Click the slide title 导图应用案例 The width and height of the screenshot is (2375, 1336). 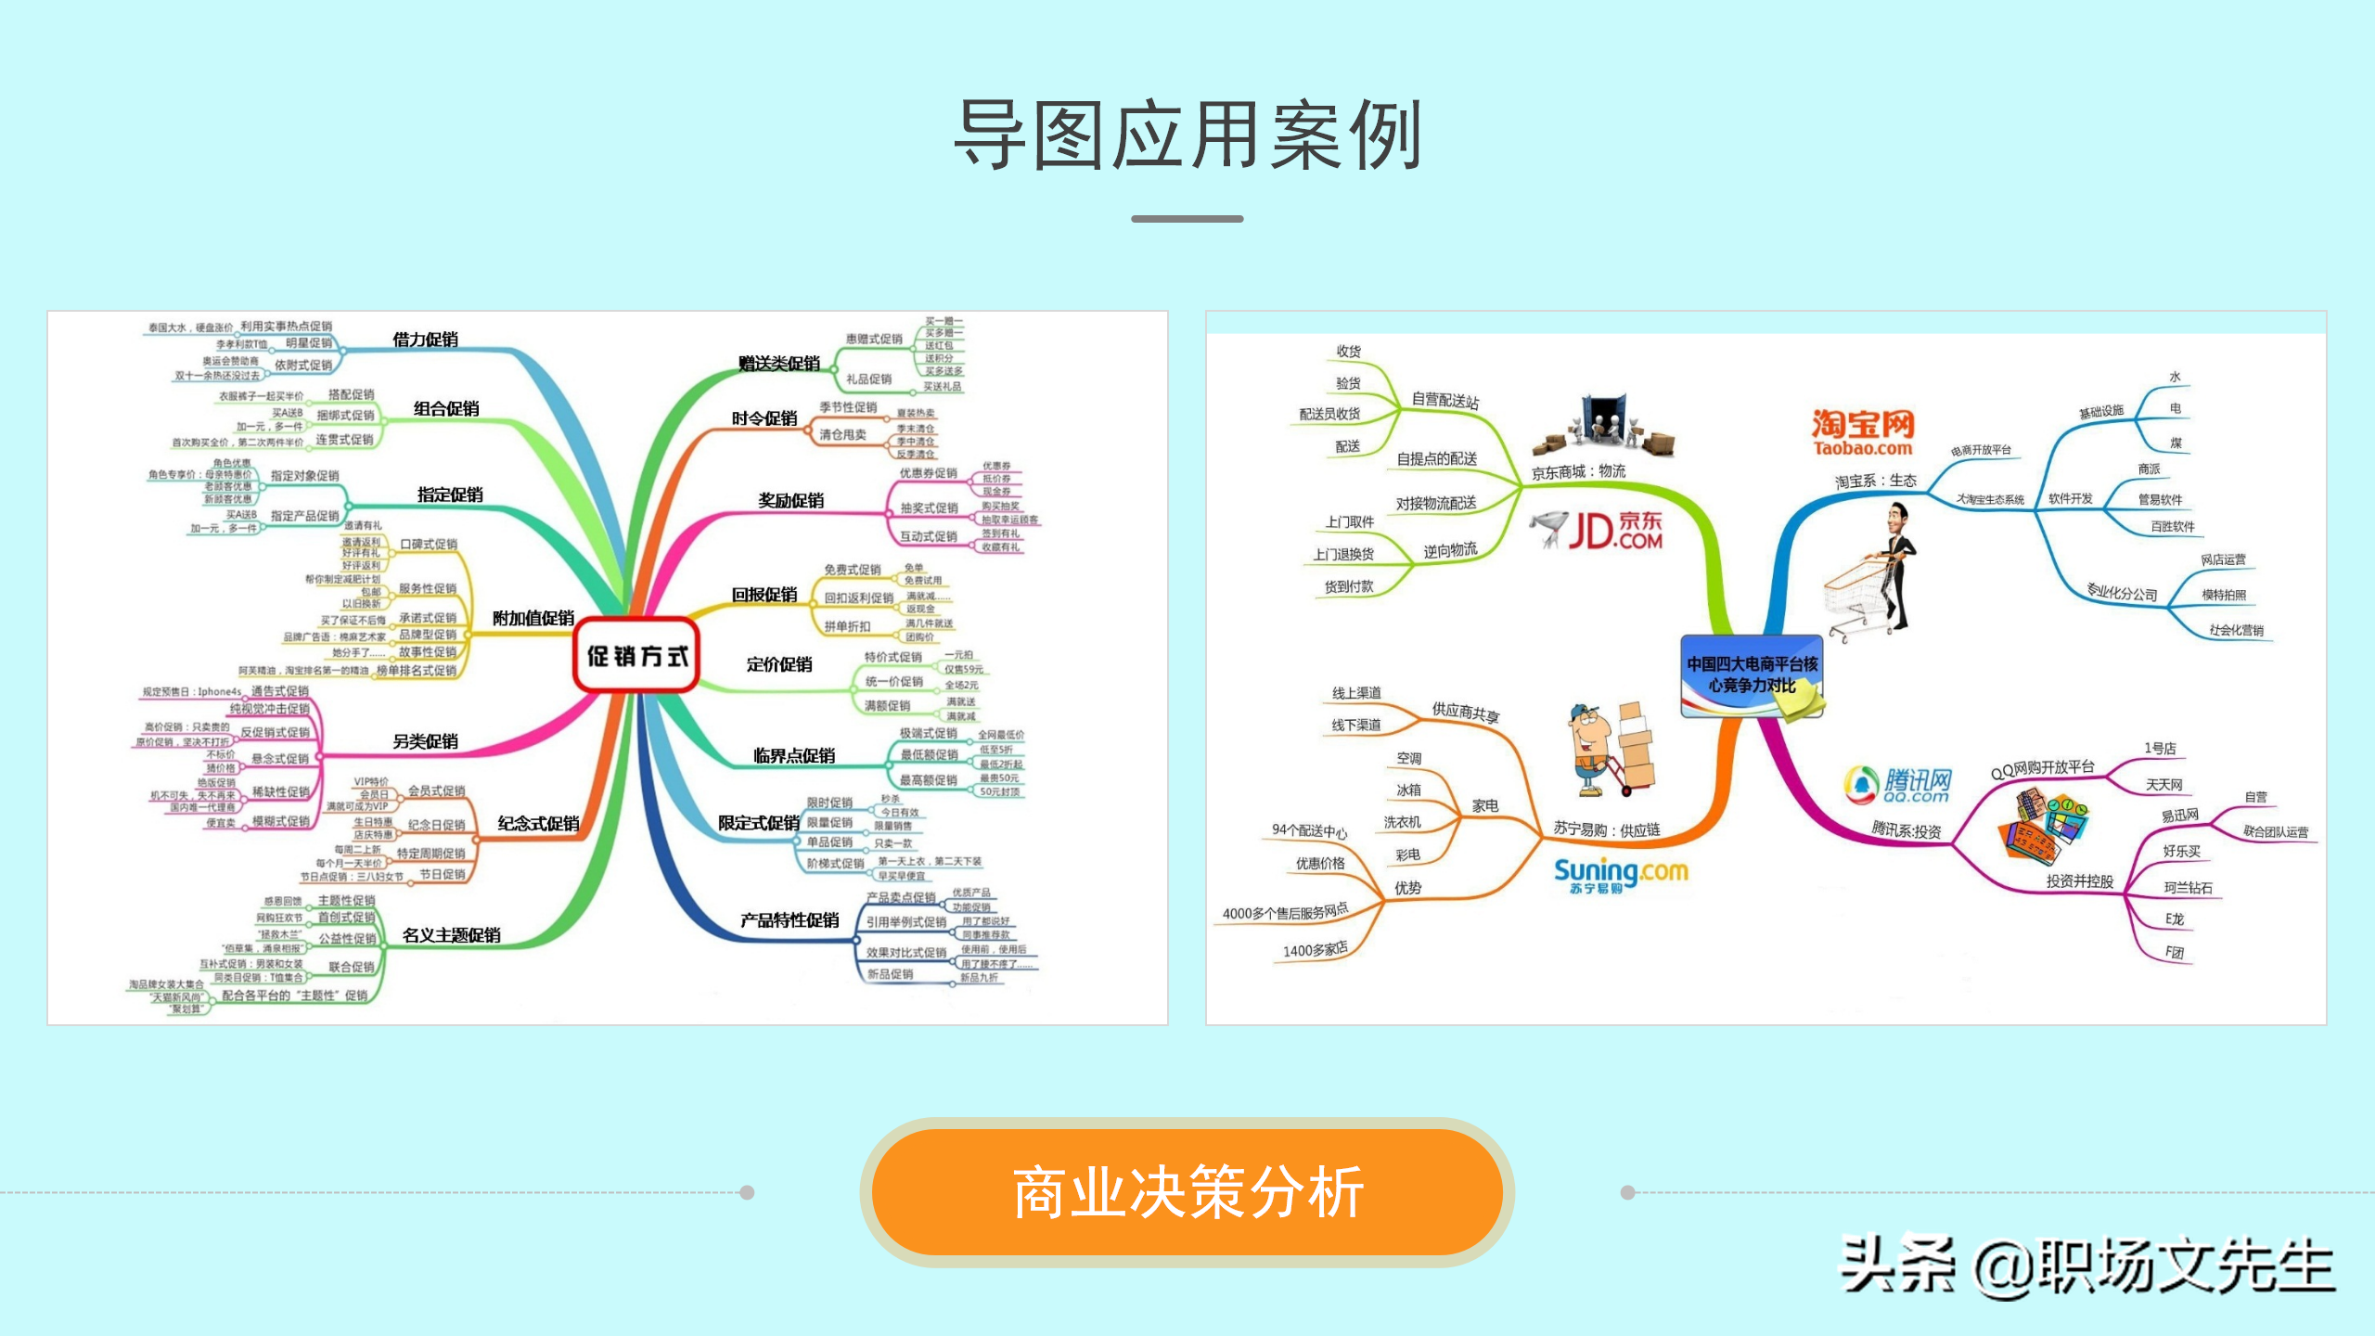coord(1187,135)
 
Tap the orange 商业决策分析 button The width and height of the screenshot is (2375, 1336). coord(1187,1192)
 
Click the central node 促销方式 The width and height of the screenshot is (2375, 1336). coord(636,656)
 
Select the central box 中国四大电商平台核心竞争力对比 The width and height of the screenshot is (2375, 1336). coord(1752,674)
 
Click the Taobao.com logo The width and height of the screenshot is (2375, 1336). coord(1863,432)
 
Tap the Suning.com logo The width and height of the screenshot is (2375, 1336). coord(1620,874)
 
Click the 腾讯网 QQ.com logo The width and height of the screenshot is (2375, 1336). coord(1900,785)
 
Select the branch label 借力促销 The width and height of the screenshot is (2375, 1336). coord(425,340)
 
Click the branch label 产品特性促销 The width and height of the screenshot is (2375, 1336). coord(790,920)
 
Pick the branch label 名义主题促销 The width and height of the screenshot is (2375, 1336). coord(452,935)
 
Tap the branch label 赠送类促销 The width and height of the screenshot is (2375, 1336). coord(779,364)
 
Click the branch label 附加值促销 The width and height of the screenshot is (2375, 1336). coord(533,618)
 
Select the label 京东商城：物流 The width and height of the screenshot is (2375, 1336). coord(1578,472)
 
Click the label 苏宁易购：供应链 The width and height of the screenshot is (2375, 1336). coord(1607,829)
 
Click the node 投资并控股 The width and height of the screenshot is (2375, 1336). coord(2079,881)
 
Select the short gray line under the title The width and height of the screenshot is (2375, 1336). coord(1187,219)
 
